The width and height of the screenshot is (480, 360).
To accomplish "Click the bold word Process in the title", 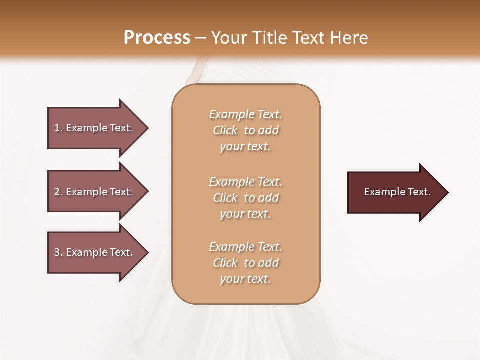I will (157, 38).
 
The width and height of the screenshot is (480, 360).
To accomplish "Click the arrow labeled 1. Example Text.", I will (95, 128).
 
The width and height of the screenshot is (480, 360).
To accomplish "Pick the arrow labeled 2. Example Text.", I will (95, 192).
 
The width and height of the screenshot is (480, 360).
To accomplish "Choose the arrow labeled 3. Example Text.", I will (95, 252).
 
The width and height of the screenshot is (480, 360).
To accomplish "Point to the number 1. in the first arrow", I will (58, 128).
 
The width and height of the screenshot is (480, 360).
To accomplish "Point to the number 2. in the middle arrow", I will (58, 192).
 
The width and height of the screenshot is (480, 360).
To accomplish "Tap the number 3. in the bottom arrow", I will (58, 252).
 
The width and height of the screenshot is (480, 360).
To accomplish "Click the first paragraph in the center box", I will (245, 130).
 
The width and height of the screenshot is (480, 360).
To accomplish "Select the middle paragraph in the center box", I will (245, 198).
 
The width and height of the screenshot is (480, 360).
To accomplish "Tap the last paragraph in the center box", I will (245, 263).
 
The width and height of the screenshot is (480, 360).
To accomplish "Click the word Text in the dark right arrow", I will (419, 192).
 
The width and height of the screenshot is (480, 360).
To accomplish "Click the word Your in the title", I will (229, 38).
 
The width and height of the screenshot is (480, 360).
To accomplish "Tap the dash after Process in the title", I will (201, 38).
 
